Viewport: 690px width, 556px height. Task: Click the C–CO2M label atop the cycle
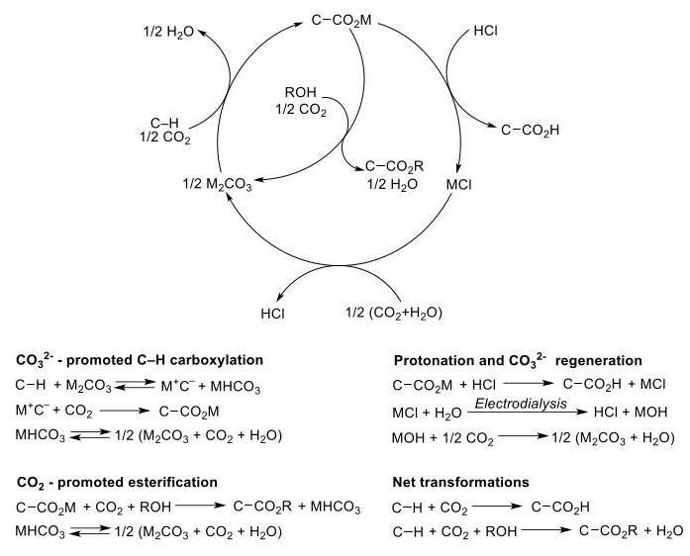coord(342,21)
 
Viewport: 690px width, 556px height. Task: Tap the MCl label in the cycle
coord(458,184)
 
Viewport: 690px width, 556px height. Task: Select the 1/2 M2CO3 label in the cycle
coord(218,184)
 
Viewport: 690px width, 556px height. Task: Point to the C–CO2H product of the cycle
coord(530,131)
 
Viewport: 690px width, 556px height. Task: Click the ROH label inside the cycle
coord(301,92)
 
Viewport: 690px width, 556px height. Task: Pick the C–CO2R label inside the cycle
coord(394,166)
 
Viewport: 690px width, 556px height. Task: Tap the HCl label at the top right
coord(486,31)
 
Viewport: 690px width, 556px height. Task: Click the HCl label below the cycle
coord(273,314)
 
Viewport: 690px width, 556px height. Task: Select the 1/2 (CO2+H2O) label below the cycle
coord(394,313)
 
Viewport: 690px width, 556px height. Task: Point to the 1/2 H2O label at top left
coord(168,32)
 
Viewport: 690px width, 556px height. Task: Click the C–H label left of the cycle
coord(164,123)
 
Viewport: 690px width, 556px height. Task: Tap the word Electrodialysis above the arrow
coord(521,404)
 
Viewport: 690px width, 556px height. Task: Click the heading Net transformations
coord(460,482)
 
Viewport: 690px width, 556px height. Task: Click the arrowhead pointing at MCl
coord(458,169)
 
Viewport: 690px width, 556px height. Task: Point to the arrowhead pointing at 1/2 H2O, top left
coord(202,32)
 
